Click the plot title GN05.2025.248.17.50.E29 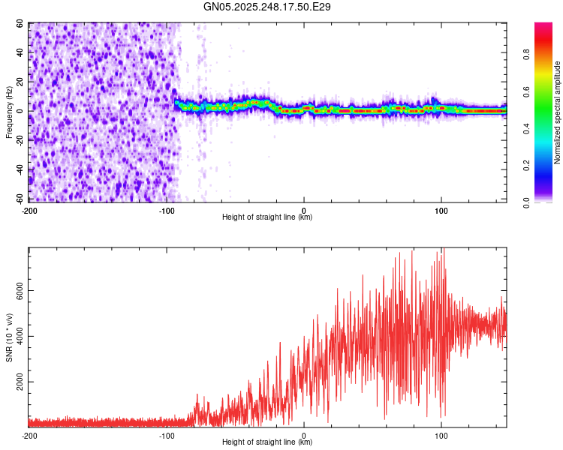(x=268, y=7)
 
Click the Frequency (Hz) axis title (x=10, y=112)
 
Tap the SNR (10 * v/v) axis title (x=10, y=337)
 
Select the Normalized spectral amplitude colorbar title (x=558, y=112)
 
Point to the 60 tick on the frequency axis (x=20, y=24)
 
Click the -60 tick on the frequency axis (x=19, y=199)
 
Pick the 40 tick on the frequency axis (x=20, y=52)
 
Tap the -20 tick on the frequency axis (x=19, y=140)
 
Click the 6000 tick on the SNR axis (x=17, y=290)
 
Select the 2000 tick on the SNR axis (x=17, y=382)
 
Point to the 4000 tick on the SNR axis (x=17, y=336)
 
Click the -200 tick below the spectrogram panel (x=29, y=211)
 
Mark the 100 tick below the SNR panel (x=441, y=436)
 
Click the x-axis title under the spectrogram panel (x=267, y=217)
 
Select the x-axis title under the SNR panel (x=267, y=442)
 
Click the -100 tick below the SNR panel (x=167, y=436)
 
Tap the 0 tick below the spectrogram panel (x=304, y=211)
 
